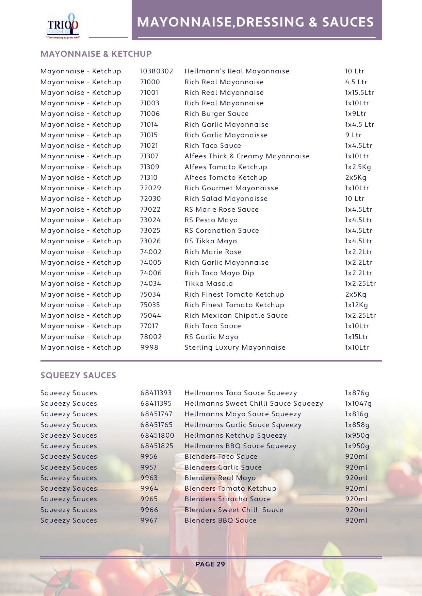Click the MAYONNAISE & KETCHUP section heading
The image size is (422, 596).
[96, 54]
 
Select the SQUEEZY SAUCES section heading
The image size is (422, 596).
[78, 375]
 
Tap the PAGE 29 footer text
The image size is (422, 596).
[210, 564]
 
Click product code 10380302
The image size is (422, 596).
[157, 71]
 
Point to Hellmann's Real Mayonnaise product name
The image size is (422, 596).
[237, 71]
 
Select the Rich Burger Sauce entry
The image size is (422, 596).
[216, 114]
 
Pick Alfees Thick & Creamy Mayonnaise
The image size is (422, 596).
[247, 156]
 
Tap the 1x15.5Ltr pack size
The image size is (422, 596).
[359, 93]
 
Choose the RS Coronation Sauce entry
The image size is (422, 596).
[222, 231]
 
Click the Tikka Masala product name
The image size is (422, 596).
[209, 284]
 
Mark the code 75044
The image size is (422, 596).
[151, 316]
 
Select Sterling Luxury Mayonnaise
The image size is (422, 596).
[235, 348]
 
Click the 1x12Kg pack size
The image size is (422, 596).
[356, 305]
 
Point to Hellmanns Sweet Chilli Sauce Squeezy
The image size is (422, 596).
[254, 404]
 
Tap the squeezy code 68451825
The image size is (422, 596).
[157, 446]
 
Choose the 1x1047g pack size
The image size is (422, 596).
[358, 404]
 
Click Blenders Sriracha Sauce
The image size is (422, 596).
[228, 499]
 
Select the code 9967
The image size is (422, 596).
[149, 521]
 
